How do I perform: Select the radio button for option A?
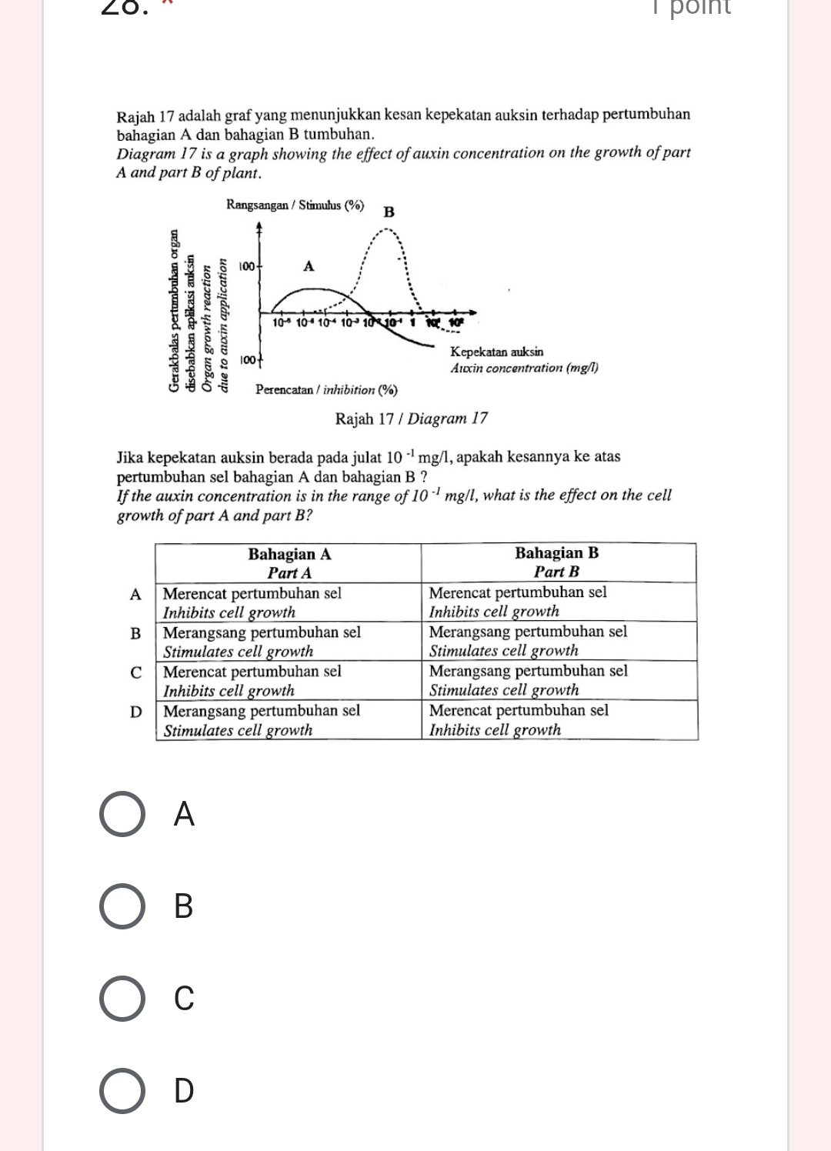point(122,814)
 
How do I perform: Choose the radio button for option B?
point(122,906)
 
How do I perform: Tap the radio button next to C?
point(122,999)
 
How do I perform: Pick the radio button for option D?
point(122,1091)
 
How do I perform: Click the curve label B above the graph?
point(389,212)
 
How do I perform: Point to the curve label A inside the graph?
point(309,266)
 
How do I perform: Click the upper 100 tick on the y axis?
point(246,266)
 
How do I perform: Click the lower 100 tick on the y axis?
point(247,359)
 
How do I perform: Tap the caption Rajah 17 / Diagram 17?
point(412,419)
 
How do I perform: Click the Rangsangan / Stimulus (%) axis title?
point(295,205)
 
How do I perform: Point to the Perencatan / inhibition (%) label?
point(326,390)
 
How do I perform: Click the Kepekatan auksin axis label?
point(496,352)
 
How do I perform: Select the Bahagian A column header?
point(289,563)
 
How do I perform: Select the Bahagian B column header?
point(556,562)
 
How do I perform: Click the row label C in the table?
point(136,672)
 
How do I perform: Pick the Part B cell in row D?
point(559,719)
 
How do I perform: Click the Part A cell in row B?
point(289,642)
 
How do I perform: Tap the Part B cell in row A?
point(559,602)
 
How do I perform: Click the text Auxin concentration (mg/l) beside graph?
point(524,368)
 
